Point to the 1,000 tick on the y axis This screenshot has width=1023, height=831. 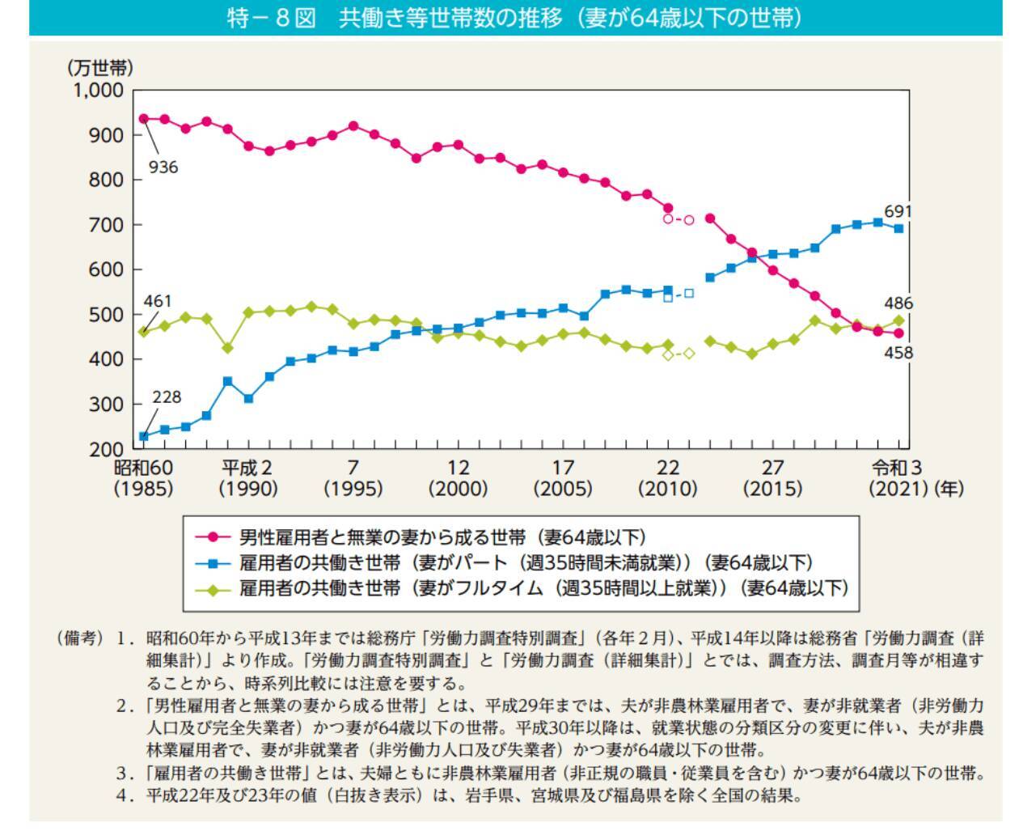99,91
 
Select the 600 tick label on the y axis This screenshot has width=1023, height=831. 105,269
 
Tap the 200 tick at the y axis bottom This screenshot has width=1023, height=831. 105,449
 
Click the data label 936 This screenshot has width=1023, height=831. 163,167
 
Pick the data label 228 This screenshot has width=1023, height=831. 167,397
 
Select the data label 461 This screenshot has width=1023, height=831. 158,302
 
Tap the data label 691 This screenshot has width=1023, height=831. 898,212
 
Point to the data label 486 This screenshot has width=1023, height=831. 898,303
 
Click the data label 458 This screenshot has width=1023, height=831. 898,353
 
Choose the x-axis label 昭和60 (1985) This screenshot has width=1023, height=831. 143,478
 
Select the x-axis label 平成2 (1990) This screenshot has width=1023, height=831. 247,478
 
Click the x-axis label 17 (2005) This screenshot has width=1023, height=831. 563,478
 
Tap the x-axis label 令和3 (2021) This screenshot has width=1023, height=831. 896,478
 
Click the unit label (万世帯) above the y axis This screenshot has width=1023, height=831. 99,67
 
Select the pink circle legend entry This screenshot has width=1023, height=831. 421,536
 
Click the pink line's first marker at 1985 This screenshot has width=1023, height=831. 144,119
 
